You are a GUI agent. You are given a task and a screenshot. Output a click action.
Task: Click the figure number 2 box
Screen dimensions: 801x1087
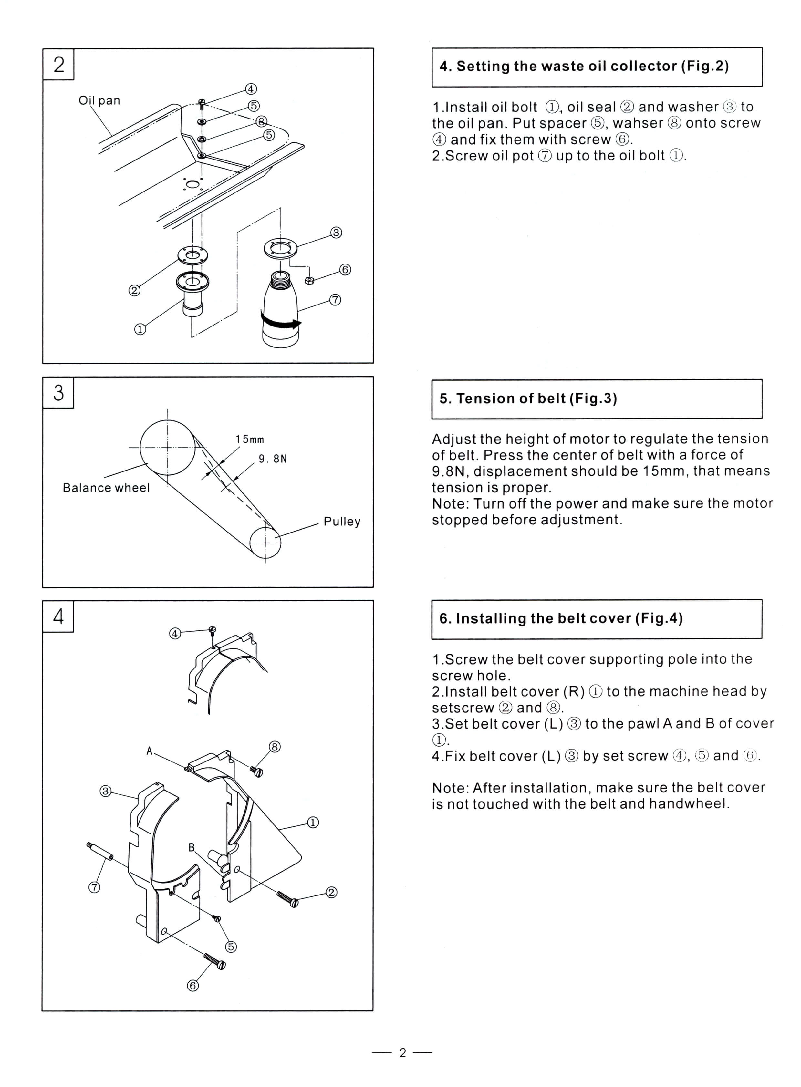pos(58,64)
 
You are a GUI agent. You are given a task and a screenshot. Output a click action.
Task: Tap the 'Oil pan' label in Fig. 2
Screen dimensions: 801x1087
pos(99,100)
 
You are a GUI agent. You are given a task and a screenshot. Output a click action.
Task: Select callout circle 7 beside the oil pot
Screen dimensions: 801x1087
pos(335,300)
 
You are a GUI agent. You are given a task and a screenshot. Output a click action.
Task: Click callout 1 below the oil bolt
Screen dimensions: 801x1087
pos(140,329)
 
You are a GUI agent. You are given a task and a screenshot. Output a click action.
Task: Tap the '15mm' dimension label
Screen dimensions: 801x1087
pos(250,439)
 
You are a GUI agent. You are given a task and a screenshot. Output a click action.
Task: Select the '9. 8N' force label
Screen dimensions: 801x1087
pos(273,459)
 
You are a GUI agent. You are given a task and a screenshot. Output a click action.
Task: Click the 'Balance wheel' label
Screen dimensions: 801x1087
pos(106,488)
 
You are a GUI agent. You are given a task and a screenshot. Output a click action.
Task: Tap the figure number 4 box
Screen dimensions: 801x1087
pos(58,616)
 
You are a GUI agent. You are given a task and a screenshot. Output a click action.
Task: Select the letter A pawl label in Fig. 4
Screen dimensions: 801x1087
pos(149,751)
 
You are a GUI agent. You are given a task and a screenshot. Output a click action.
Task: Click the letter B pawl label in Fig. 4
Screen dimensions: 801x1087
pos(192,847)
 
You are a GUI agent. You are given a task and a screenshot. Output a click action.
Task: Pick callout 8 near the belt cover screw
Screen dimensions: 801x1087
pos(275,746)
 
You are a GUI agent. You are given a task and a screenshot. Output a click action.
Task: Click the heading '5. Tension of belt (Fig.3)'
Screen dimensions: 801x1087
pos(528,399)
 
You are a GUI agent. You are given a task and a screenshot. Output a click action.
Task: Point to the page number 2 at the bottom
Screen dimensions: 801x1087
pos(402,1052)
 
